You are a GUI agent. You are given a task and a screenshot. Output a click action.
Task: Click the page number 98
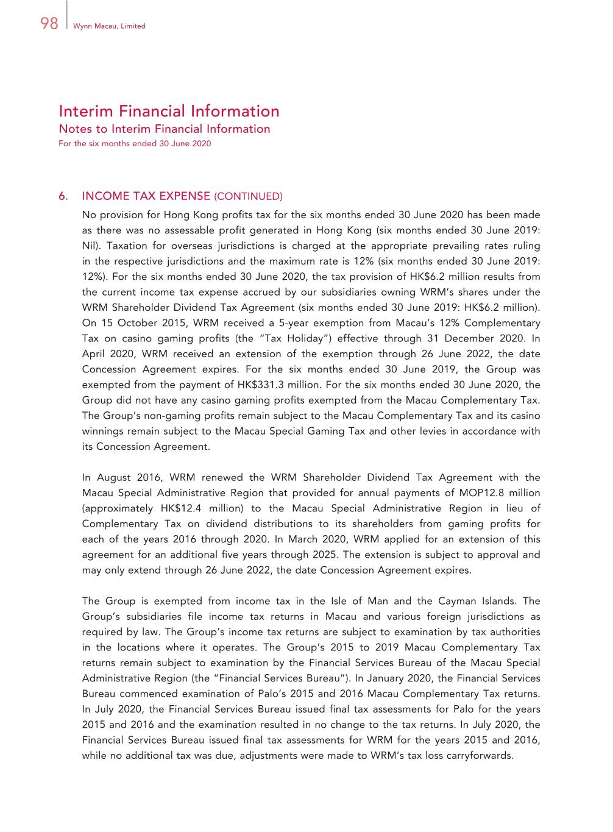point(49,24)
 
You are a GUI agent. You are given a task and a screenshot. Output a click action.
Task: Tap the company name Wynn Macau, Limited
point(109,26)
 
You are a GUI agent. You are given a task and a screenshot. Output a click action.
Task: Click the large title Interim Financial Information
point(169,111)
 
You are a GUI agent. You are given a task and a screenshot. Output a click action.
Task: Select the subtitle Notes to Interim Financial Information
point(164,129)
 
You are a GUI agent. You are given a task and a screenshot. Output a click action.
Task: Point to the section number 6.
point(63,196)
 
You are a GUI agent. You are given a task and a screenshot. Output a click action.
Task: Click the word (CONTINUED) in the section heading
point(248,196)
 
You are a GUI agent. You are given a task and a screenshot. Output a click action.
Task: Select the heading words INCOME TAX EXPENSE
point(146,196)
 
